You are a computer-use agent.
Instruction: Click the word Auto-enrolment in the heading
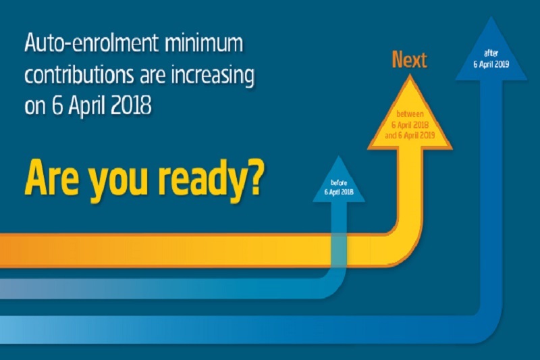pos(91,43)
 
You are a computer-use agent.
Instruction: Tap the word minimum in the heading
pos(204,43)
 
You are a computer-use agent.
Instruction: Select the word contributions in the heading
pos(79,74)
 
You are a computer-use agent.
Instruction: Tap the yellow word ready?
pos(211,182)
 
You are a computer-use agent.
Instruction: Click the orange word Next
pos(410,59)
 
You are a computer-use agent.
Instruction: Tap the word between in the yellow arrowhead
pos(410,113)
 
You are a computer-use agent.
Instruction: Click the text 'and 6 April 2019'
pos(410,135)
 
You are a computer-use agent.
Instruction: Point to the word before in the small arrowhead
pos(339,183)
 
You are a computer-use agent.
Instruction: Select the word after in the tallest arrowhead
pos(491,53)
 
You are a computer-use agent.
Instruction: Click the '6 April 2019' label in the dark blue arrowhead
pos(491,64)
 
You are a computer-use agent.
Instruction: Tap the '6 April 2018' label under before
pos(339,192)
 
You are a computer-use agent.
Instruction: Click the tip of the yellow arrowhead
pos(410,75)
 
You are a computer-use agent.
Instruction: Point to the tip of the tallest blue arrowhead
pos(491,16)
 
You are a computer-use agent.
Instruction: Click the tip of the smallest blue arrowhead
pos(339,156)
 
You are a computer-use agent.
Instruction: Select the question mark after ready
pos(256,178)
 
